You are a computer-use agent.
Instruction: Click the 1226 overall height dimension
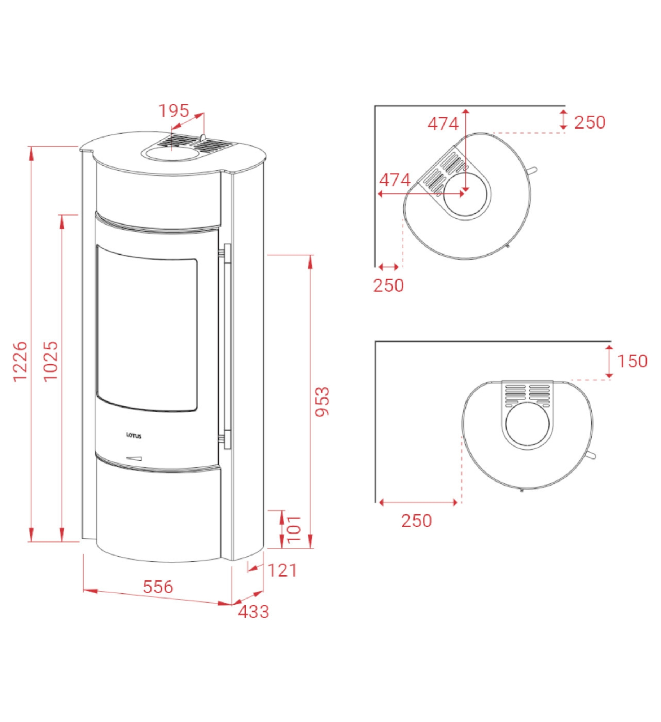pos(20,361)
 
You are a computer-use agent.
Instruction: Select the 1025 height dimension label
pos(51,361)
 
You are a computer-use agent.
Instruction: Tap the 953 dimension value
pos(322,401)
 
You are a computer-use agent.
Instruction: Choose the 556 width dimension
pos(158,587)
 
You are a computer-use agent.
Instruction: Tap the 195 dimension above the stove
pos(174,111)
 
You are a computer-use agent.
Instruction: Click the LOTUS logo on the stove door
pos(133,435)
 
